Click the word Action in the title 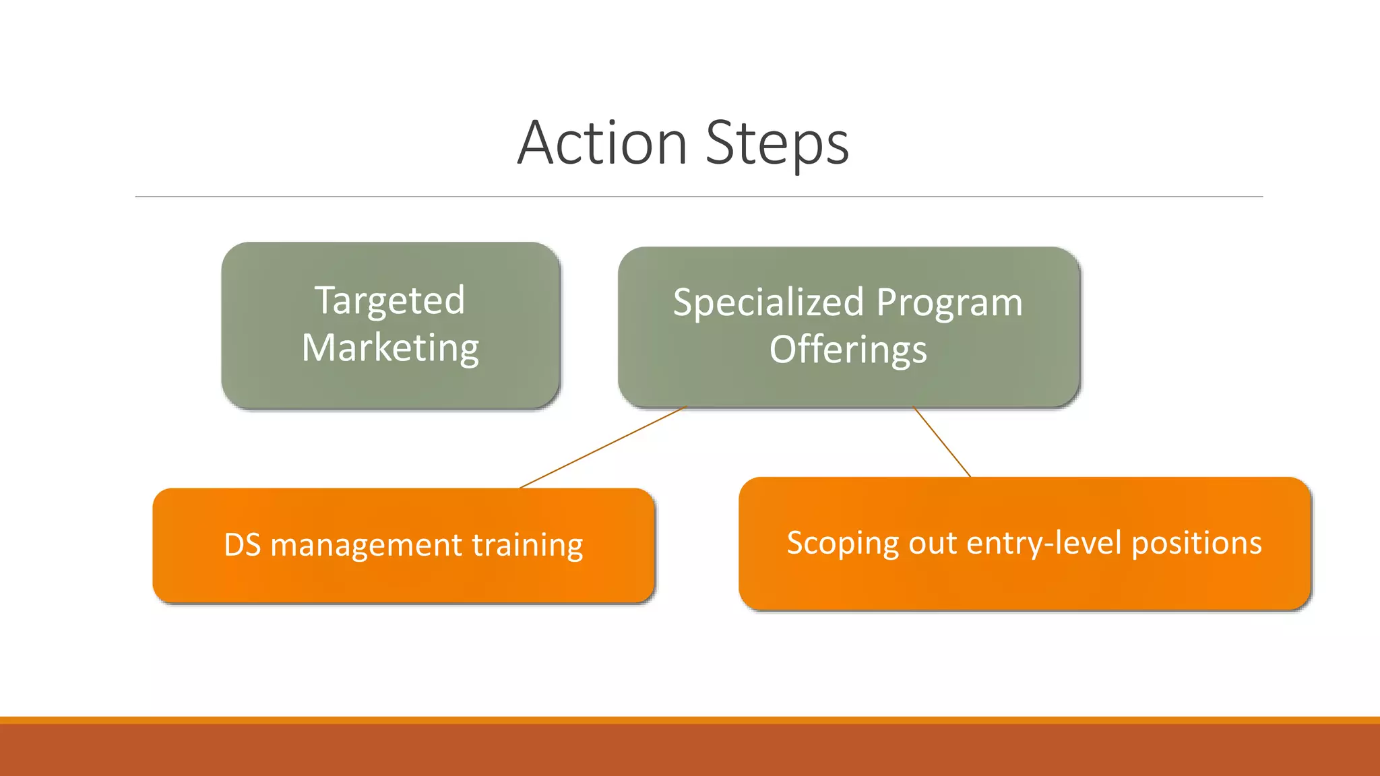(x=602, y=143)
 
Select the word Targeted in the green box (x=390, y=300)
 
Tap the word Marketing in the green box (x=390, y=348)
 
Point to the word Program (x=949, y=303)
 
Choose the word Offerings (x=848, y=350)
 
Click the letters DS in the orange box (x=242, y=544)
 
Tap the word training (x=527, y=544)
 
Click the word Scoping (x=842, y=543)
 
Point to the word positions (x=1196, y=542)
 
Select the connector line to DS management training (x=603, y=447)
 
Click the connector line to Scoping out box (x=942, y=442)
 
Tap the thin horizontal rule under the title (x=699, y=197)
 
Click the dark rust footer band (x=690, y=750)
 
